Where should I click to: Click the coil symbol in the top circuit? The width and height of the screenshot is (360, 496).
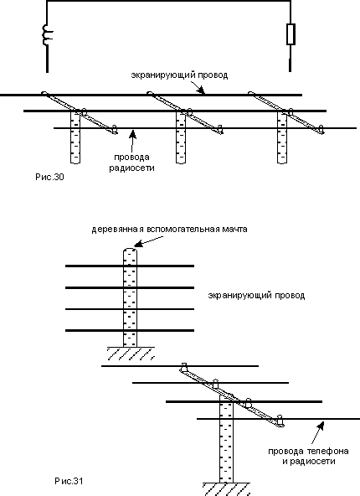click(48, 34)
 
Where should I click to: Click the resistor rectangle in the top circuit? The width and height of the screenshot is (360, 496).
click(291, 34)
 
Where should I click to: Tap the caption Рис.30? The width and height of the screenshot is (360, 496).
click(49, 177)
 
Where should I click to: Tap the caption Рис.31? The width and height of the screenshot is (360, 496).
click(69, 481)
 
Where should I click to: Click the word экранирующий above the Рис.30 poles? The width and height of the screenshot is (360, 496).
click(162, 75)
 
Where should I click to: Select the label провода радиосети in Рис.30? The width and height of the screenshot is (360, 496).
click(131, 163)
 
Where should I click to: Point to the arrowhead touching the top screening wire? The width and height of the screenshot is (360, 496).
click(200, 90)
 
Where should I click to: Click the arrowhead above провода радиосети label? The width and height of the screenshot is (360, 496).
click(133, 134)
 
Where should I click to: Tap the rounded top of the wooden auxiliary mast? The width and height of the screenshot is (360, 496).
click(130, 250)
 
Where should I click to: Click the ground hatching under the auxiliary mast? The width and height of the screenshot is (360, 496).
click(131, 354)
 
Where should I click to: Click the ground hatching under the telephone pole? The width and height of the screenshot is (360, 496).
click(226, 489)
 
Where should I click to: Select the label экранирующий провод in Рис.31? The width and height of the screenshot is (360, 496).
click(256, 296)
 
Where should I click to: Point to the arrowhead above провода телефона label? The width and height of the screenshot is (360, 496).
click(321, 426)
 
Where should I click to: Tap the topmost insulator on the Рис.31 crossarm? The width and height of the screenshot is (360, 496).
click(183, 367)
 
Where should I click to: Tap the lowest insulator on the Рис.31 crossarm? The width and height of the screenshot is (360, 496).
click(280, 420)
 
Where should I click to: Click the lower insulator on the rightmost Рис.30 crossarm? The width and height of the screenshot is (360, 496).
click(321, 129)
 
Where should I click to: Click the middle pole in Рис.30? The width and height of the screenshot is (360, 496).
click(181, 137)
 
